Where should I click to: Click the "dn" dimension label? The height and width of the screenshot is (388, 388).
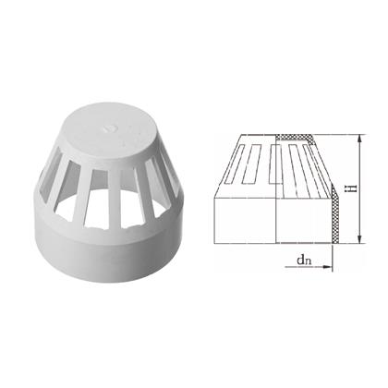point(304,261)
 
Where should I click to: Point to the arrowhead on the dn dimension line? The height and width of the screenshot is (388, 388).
point(327,267)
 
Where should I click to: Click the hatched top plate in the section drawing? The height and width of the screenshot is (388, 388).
point(294,138)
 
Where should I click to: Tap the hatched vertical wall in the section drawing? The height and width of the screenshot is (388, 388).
point(334,215)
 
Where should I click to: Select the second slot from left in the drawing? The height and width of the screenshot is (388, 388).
point(251,164)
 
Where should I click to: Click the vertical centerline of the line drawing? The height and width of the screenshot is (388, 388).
point(275,189)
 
